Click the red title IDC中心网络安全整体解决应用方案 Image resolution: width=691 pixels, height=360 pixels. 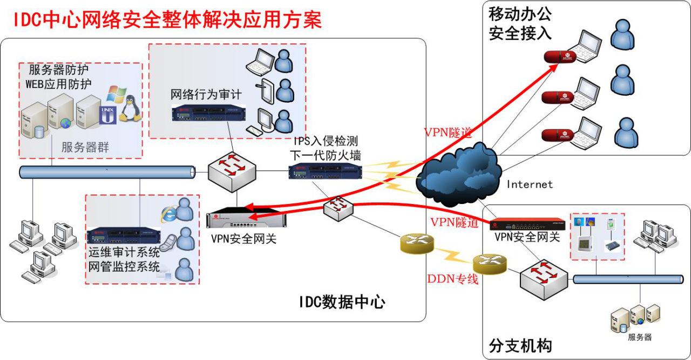tap(167, 20)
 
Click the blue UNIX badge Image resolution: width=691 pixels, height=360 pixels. tap(108, 116)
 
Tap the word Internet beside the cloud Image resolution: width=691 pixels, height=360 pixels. tap(530, 185)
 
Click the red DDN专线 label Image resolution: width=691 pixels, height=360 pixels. tap(453, 279)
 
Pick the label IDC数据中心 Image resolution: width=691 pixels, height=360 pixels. tap(342, 301)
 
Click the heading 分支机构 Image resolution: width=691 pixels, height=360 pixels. tap(520, 345)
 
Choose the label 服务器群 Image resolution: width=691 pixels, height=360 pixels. tap(85, 147)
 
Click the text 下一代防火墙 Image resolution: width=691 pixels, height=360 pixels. tap(326, 155)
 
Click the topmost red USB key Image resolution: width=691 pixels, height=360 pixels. tap(560, 56)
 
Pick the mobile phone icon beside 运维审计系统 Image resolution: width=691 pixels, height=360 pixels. tap(168, 242)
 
